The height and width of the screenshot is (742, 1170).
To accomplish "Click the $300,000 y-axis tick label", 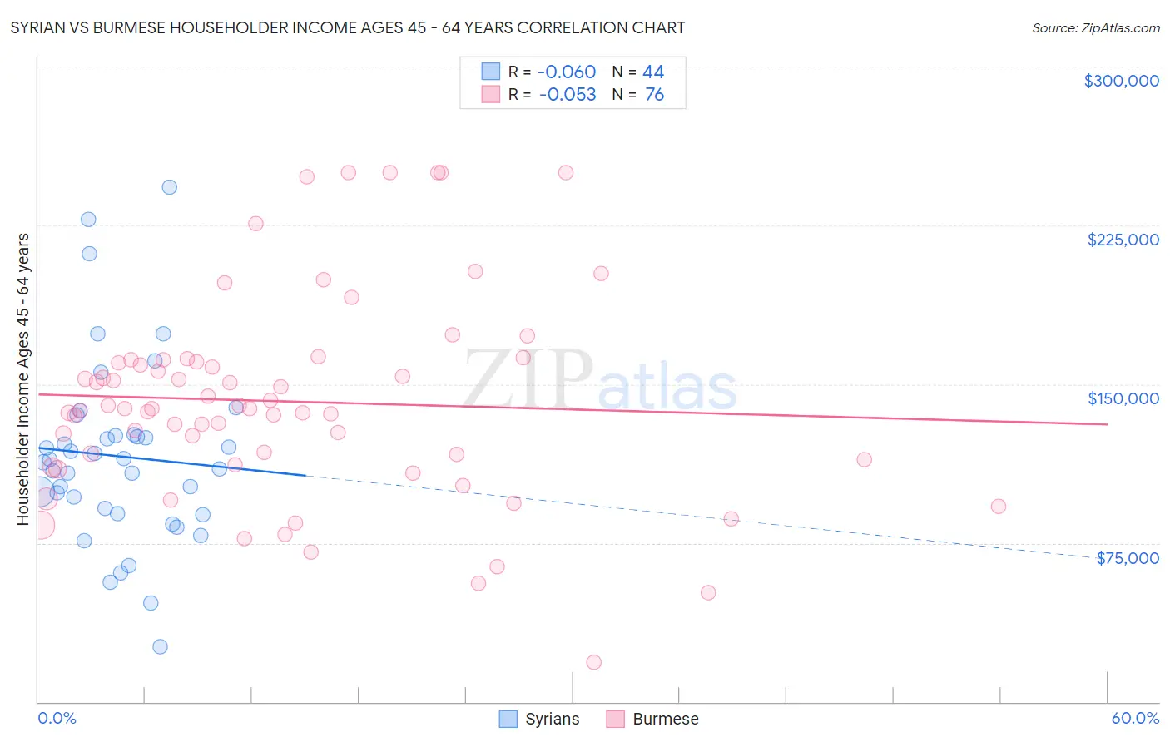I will click(1121, 81).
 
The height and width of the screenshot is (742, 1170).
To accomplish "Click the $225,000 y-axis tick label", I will click(1123, 240).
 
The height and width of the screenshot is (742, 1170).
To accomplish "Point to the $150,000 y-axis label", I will click(1123, 398).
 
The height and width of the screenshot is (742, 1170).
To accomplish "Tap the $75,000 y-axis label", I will click(1128, 558).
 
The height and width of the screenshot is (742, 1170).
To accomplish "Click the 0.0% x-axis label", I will click(57, 718).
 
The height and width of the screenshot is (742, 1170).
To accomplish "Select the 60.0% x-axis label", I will click(1135, 718).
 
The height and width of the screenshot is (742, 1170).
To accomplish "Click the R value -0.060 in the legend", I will click(566, 72).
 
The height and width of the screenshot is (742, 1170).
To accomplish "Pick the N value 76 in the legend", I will click(654, 95).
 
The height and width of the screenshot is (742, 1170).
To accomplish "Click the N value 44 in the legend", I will click(653, 72).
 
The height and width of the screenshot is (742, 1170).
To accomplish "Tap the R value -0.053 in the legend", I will click(567, 95).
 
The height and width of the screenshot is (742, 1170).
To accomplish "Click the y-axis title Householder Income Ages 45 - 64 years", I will click(22, 379).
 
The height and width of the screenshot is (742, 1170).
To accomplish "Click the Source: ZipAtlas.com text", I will click(1095, 28).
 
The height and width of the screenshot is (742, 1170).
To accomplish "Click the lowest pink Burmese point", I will click(593, 662).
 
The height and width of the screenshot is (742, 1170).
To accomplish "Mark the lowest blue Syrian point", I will click(160, 646).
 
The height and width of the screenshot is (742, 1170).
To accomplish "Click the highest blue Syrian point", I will click(169, 187).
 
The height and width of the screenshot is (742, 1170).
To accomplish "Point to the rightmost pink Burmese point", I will click(999, 506).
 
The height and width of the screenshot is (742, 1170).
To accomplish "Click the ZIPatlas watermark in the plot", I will click(599, 381).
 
